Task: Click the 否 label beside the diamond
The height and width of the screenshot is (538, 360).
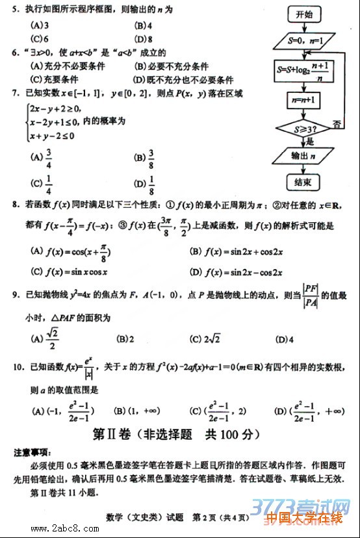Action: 339,123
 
